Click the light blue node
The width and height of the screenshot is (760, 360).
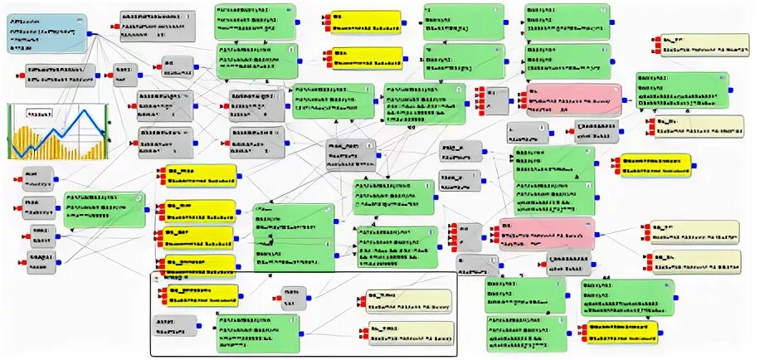[x=48, y=33]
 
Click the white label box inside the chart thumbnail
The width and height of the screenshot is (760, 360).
[x=37, y=114]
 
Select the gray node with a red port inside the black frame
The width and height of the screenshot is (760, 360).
[x=292, y=298]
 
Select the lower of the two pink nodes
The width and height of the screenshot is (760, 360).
[x=548, y=235]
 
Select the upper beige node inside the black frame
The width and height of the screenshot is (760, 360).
[x=412, y=300]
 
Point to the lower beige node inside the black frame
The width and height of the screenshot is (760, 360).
[x=412, y=333]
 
